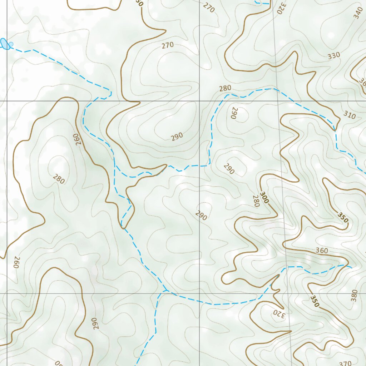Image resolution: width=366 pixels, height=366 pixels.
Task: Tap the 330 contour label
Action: coord(334,55)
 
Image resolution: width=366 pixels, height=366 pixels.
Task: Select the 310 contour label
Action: coord(350,115)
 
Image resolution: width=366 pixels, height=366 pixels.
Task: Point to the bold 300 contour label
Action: coord(264,198)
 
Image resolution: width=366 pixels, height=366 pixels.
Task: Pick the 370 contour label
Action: coord(345,363)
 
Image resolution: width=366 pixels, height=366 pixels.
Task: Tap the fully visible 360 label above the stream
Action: coord(322,251)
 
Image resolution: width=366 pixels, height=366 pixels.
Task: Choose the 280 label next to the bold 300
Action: coord(256,201)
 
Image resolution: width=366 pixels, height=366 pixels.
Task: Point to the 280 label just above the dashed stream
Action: coord(225,88)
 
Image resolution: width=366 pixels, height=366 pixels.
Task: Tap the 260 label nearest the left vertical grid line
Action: coord(15,262)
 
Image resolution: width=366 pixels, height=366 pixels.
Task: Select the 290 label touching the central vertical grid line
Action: coord(201,216)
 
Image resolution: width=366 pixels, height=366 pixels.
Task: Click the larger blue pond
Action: coord(5,44)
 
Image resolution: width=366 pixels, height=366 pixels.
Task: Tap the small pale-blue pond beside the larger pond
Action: coord(11,44)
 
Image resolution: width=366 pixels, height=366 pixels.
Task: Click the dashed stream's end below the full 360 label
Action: coord(351,267)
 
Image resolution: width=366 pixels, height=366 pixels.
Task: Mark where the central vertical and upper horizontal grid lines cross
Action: coord(199,101)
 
